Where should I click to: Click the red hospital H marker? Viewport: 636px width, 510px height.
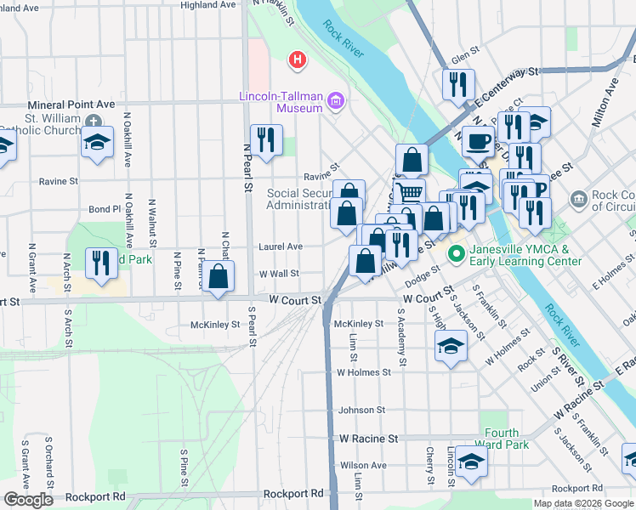[x=297, y=59]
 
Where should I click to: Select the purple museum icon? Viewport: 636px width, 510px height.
[x=336, y=103]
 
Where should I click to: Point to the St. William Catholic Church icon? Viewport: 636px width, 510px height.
[x=92, y=122]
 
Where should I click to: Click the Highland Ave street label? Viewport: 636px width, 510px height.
[x=207, y=5]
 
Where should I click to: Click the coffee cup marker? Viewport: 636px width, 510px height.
[x=479, y=139]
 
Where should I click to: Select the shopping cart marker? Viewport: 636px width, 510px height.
[x=410, y=191]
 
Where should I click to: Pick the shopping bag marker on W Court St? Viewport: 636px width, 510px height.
[x=219, y=276]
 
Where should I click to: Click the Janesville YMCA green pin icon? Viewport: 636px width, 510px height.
[x=455, y=252]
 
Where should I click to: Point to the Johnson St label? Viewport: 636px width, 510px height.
[x=361, y=410]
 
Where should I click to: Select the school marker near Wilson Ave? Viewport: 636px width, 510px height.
[x=471, y=461]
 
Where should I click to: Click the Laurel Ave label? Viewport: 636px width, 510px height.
[x=281, y=246]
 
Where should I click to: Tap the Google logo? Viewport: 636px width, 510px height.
[x=28, y=500]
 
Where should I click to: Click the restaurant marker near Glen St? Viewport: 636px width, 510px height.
[x=457, y=84]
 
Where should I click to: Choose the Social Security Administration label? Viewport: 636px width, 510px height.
[x=298, y=199]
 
